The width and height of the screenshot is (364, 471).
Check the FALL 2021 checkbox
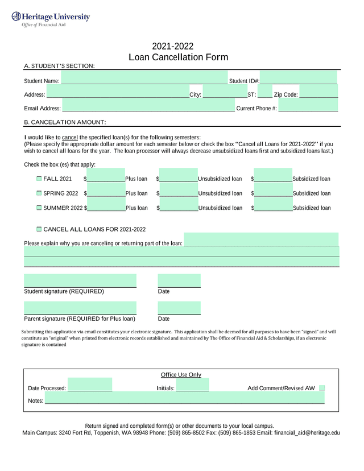click(x=39, y=179)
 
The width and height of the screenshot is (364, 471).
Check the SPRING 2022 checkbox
click(x=39, y=193)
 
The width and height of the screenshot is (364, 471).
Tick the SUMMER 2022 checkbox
click(x=39, y=208)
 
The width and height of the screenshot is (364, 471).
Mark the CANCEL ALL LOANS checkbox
click(x=39, y=229)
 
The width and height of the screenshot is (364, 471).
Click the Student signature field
click(x=80, y=281)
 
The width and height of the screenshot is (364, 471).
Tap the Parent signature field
click(x=80, y=308)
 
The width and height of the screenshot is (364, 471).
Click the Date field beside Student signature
click(x=179, y=281)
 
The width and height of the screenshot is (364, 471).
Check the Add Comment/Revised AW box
click(x=322, y=388)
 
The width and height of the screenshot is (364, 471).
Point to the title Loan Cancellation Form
click(x=179, y=57)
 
